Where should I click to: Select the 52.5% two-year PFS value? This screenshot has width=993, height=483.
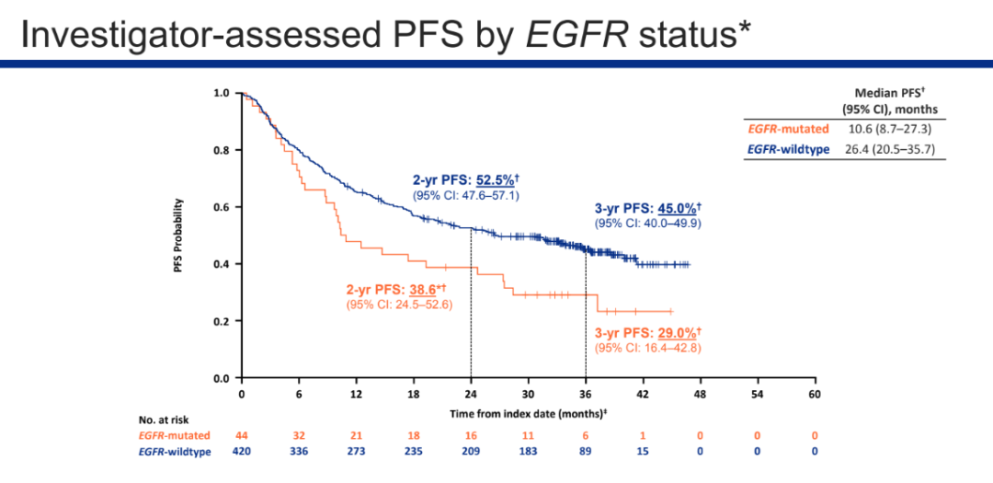(x=494, y=181)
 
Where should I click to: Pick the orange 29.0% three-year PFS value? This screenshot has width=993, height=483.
(x=676, y=332)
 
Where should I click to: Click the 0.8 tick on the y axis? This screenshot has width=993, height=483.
(x=221, y=150)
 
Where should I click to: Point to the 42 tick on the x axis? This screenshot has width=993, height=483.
(x=643, y=394)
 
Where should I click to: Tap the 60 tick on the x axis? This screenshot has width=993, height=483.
(x=814, y=394)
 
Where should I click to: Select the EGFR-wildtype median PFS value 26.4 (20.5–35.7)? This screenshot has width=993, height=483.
(x=889, y=149)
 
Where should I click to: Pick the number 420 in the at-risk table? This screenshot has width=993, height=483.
(x=241, y=451)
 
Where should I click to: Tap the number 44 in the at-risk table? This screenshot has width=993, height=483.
(x=241, y=435)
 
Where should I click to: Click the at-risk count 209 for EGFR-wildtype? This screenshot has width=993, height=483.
(x=471, y=451)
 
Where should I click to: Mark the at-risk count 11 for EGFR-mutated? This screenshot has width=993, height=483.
(x=528, y=435)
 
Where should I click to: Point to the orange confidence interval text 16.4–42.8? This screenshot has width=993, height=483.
(x=668, y=348)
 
